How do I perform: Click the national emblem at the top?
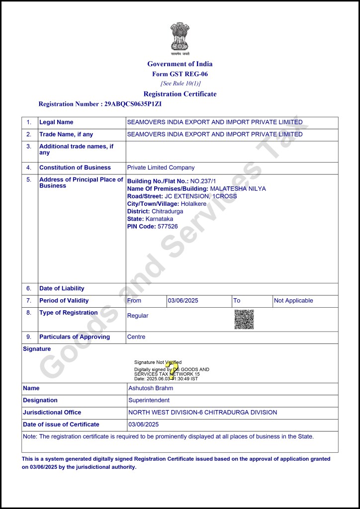[x=180, y=37]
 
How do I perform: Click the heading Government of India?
[x=180, y=64]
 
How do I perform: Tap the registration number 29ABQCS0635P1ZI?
[x=133, y=104]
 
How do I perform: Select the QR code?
[x=244, y=319]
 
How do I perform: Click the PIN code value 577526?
[x=168, y=226]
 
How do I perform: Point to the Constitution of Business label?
[x=75, y=168]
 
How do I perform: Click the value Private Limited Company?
[x=161, y=168]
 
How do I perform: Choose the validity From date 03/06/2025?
[x=183, y=300]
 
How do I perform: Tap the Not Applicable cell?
[x=294, y=300]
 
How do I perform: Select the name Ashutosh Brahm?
[x=151, y=388]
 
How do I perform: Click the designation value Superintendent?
[x=149, y=400]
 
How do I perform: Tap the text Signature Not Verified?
[x=158, y=362]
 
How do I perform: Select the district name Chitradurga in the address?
[x=167, y=211]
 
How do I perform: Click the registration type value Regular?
[x=138, y=316]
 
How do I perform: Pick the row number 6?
[x=29, y=288]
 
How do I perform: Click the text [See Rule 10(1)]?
[x=180, y=84]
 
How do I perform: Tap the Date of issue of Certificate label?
[x=61, y=424]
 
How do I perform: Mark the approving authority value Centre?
[x=136, y=337]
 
